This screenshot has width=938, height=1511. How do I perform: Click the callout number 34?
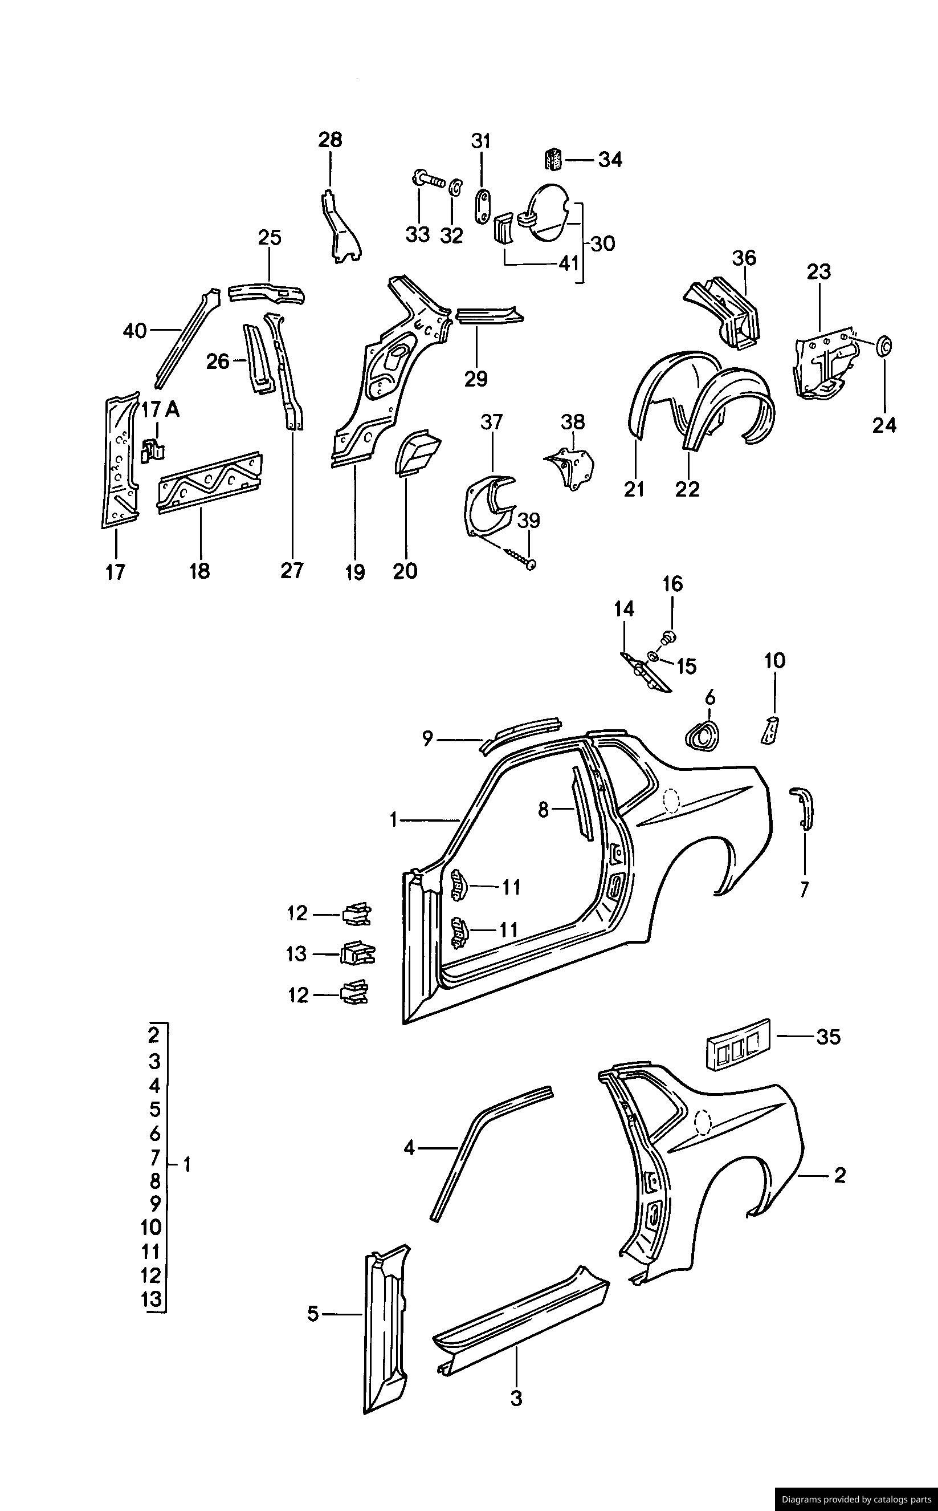pos(610,160)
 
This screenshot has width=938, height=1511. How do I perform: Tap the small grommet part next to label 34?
pos(554,159)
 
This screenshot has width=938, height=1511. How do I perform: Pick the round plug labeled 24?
pos(883,346)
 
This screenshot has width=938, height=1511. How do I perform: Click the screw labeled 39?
pos(520,557)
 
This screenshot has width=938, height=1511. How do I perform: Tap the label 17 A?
pos(160,410)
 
